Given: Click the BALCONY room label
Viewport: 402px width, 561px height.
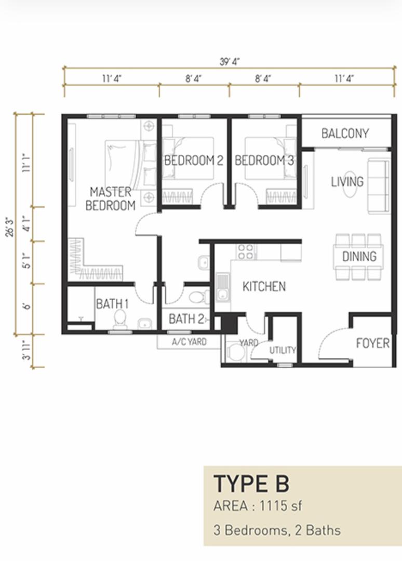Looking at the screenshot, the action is pos(345,133).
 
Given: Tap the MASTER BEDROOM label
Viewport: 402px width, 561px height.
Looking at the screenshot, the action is pos(111,198).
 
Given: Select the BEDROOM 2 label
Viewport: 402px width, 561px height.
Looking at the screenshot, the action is pos(194,161).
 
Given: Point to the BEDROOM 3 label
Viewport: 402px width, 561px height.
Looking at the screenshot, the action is pos(264,161).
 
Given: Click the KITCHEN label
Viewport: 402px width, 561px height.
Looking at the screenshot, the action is pos(264,286).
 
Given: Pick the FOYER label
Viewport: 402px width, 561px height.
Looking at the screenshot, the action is pos(373,343).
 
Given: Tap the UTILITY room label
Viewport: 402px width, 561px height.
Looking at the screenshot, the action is pos(283,350).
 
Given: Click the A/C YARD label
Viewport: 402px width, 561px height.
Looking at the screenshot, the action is pos(189,342).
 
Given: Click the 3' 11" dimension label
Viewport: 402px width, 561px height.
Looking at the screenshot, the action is pos(27,351).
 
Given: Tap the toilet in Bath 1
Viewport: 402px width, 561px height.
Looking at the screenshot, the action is pos(119,319).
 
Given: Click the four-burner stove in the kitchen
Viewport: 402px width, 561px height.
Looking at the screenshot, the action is pos(246,251).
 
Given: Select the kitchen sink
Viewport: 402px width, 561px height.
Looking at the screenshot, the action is pos(222,288).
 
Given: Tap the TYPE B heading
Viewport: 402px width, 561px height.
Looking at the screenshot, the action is pos(251,484).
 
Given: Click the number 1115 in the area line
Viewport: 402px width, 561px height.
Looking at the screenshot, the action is pos(274,506).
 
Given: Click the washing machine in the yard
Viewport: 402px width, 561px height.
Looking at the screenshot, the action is pos(236,352).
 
